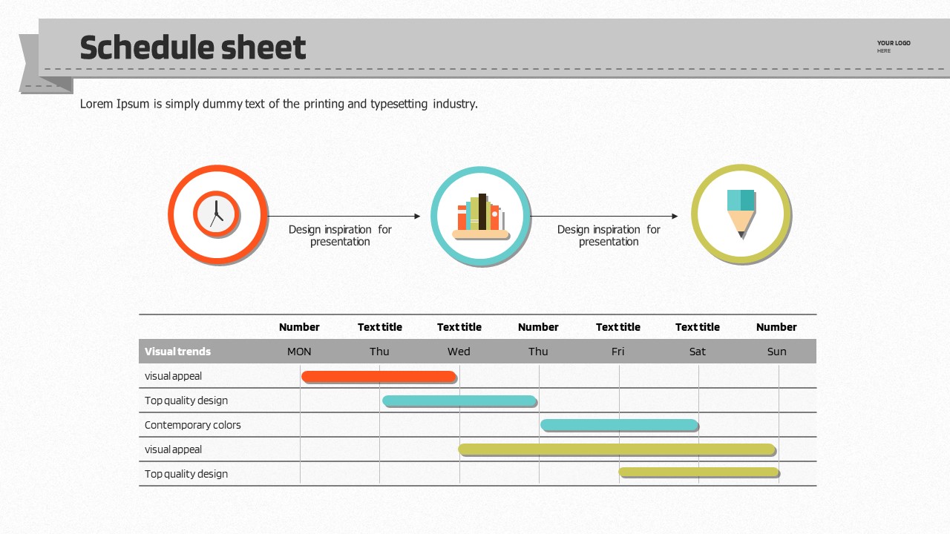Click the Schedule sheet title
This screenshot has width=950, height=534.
[192, 48]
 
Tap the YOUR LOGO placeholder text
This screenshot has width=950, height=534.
[893, 44]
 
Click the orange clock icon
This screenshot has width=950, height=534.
[217, 214]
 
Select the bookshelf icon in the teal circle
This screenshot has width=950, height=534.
[480, 216]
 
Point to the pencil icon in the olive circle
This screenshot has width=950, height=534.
[741, 214]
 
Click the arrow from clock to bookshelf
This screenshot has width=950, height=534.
[344, 217]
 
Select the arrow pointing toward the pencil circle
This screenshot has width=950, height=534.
[604, 217]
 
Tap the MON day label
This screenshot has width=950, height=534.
[299, 352]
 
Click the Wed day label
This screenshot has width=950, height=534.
[459, 352]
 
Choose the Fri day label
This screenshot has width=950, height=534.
[617, 352]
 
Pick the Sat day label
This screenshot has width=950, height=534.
[697, 352]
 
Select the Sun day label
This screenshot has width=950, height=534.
[776, 352]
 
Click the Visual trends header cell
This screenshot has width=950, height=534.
[177, 352]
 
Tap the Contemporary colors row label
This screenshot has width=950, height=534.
[192, 425]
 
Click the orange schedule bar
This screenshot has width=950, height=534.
[379, 377]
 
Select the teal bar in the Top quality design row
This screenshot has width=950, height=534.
[459, 401]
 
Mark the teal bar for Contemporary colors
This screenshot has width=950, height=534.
[619, 425]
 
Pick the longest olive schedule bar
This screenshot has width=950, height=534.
[617, 449]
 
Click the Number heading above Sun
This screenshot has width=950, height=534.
[776, 327]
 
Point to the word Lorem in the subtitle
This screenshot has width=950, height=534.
[96, 104]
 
